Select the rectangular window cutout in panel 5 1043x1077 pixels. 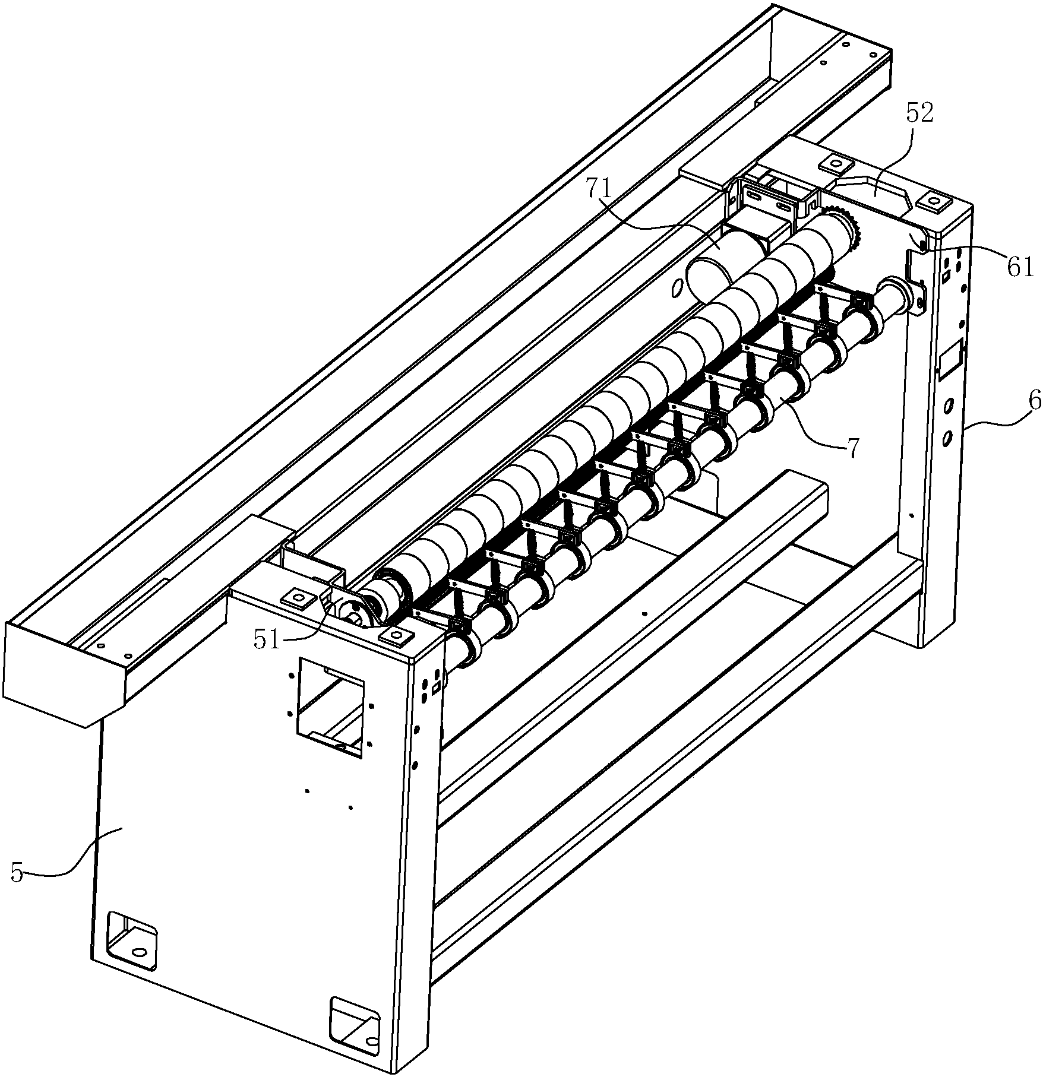pyautogui.click(x=330, y=707)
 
